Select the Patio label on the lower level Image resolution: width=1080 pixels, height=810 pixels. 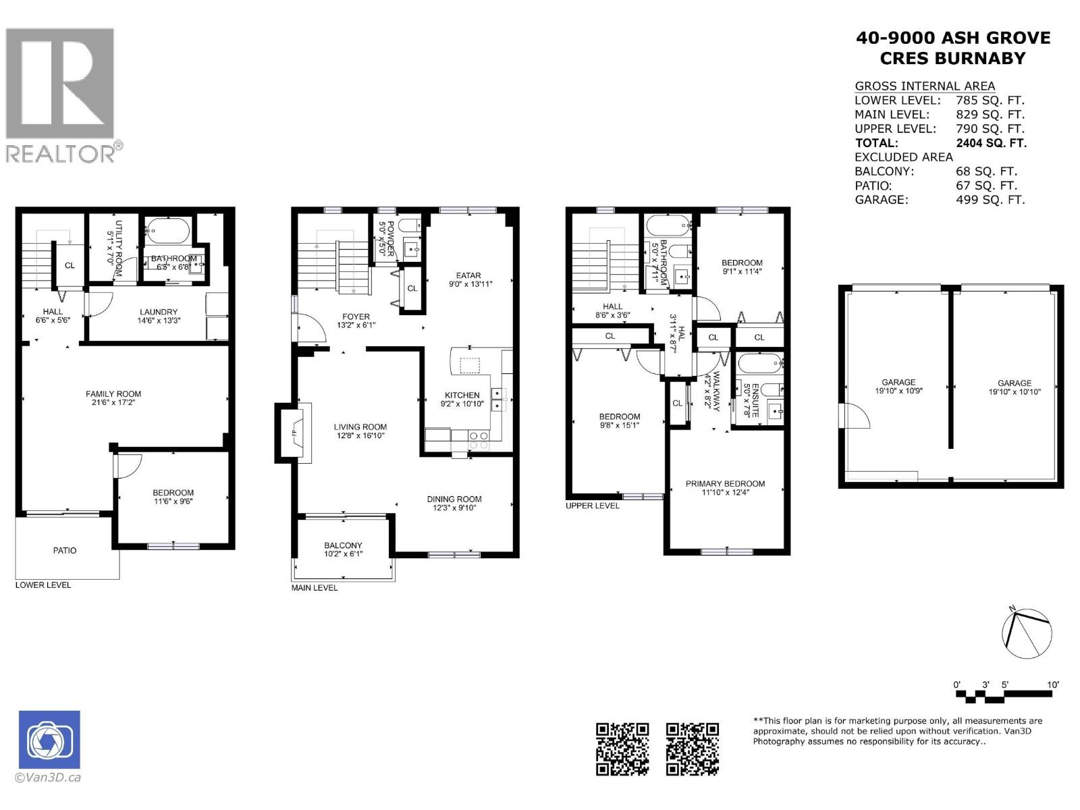click(65, 551)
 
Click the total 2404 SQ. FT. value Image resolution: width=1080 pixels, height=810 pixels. click(991, 143)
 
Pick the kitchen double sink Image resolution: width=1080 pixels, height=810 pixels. click(497, 399)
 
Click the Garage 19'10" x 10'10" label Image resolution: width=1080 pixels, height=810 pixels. click(1015, 387)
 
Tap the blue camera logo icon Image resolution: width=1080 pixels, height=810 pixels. click(49, 740)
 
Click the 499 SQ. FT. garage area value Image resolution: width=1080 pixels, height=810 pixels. click(990, 200)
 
